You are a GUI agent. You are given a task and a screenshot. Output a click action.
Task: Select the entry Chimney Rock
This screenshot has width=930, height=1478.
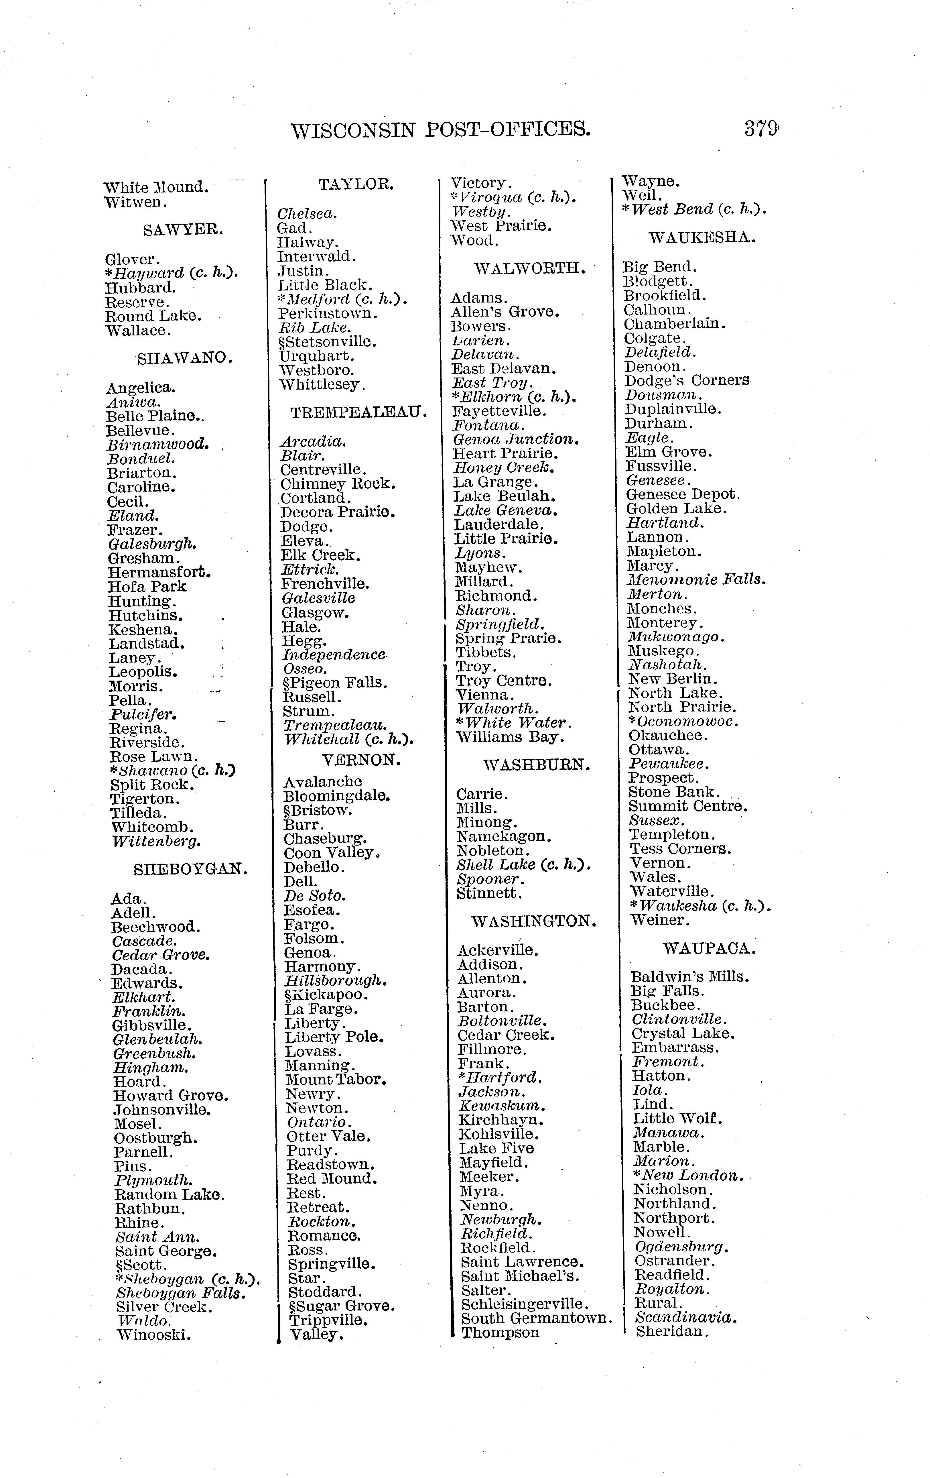pyautogui.click(x=338, y=484)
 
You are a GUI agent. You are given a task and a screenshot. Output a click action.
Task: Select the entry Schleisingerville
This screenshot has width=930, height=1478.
pyautogui.click(x=525, y=1304)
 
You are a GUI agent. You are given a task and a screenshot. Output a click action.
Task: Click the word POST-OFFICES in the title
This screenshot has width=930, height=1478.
pyautogui.click(x=508, y=129)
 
